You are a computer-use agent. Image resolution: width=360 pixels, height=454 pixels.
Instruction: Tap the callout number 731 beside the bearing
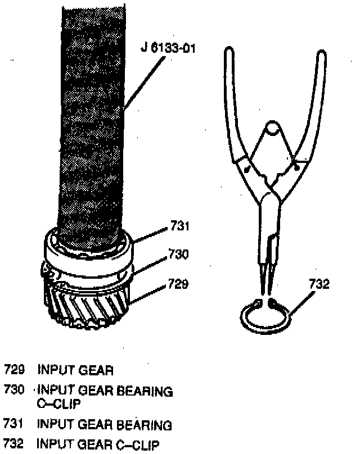click(180, 228)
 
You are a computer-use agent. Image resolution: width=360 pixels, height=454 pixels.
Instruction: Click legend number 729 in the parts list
click(15, 370)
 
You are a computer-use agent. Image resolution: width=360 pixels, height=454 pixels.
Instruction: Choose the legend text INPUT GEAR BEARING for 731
click(104, 424)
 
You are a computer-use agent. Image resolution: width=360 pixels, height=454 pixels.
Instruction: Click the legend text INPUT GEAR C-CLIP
click(98, 446)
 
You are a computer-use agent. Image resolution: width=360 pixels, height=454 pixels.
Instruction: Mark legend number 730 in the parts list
click(15, 389)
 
